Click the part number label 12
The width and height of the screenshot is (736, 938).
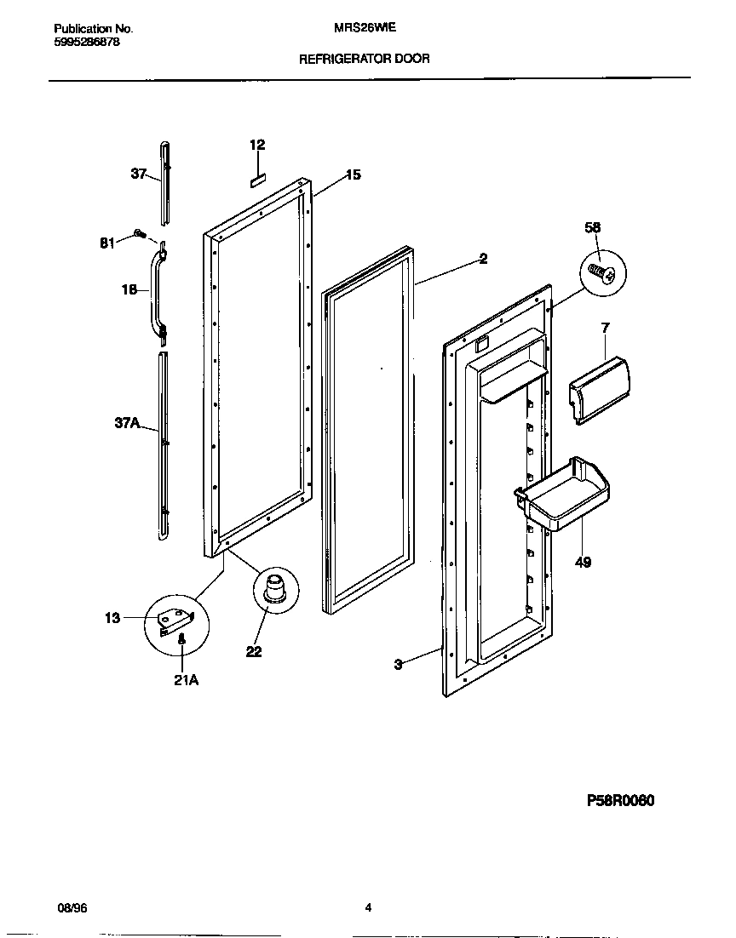pos(257,145)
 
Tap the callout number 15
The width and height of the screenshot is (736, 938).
pos(353,175)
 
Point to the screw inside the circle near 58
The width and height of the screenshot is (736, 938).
pos(603,273)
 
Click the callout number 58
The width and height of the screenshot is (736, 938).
pos(593,227)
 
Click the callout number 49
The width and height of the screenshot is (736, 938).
pos(583,563)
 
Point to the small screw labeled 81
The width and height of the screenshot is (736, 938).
pos(138,235)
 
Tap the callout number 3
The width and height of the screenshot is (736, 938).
pos(398,665)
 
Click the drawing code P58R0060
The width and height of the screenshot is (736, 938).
pos(621,801)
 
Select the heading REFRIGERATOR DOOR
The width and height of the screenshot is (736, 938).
pos(364,60)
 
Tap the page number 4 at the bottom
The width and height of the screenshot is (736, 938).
pos(368,907)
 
